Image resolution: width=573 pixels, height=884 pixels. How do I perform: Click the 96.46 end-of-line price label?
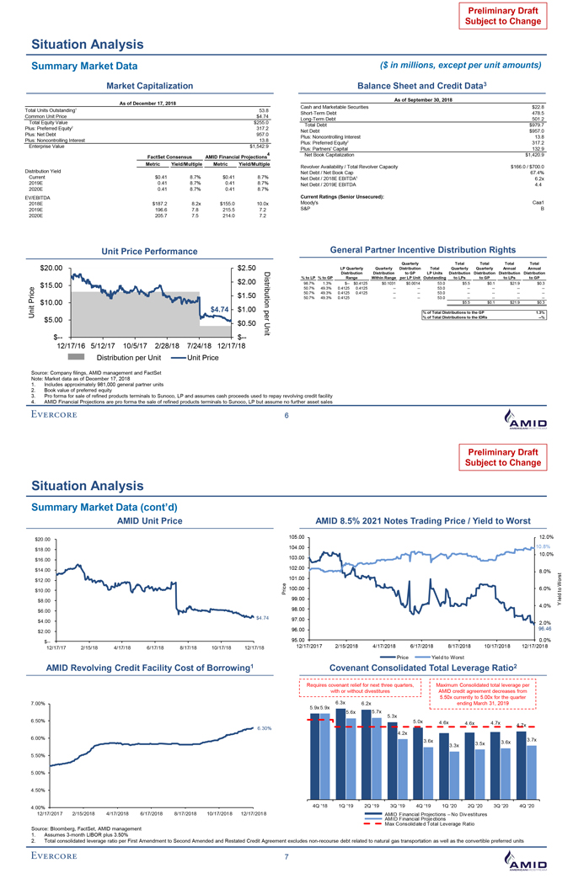pos(544,627)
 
